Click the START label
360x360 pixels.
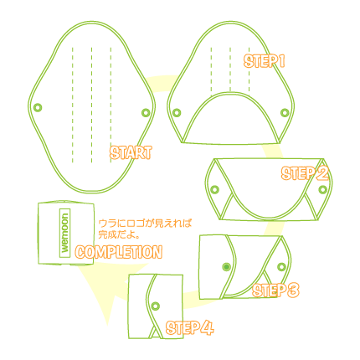pyautogui.click(x=131, y=152)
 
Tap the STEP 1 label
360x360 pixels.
pyautogui.click(x=264, y=61)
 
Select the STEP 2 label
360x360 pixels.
pyautogui.click(x=305, y=173)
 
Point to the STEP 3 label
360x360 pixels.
pyautogui.click(x=275, y=291)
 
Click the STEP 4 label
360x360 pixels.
pyautogui.click(x=190, y=327)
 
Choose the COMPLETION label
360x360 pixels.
pyautogui.click(x=119, y=252)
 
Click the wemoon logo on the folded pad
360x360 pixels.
pyautogui.click(x=64, y=233)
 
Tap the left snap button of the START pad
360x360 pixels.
pyautogui.click(x=38, y=107)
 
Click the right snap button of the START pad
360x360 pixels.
pyautogui.click(x=146, y=113)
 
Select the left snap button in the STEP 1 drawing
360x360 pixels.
pyautogui.click(x=177, y=113)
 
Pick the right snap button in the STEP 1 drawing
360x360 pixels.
pyautogui.click(x=285, y=113)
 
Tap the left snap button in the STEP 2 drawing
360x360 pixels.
pyautogui.click(x=214, y=189)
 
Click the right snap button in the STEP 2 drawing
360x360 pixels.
pyautogui.click(x=322, y=189)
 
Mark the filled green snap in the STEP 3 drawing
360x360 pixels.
pyautogui.click(x=226, y=267)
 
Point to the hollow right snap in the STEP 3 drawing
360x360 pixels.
pyautogui.click(x=281, y=267)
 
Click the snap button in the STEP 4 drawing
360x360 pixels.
pyautogui.click(x=156, y=306)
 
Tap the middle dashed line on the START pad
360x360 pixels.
pyautogui.click(x=91, y=105)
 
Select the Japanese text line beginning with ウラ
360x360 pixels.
pyautogui.click(x=145, y=224)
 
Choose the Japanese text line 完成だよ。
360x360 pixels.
pyautogui.click(x=119, y=234)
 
